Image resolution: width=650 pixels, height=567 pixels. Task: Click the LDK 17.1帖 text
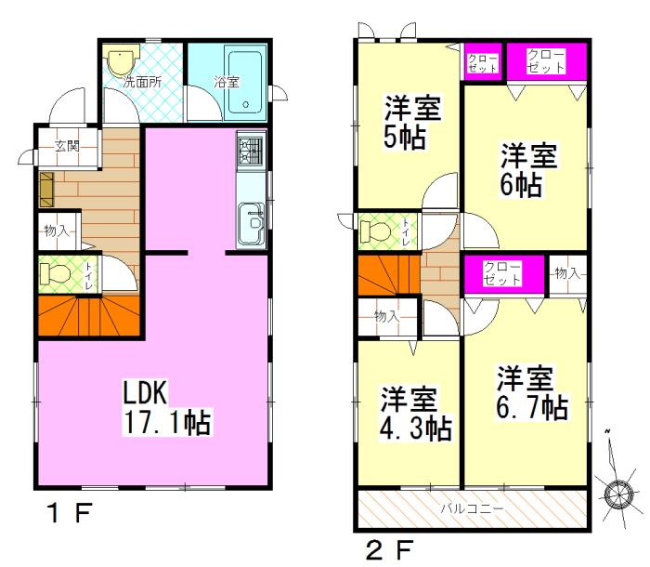coord(167,409)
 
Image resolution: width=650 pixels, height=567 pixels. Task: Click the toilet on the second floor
coord(375,230)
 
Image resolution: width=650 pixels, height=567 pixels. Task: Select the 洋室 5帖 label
coord(412,123)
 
